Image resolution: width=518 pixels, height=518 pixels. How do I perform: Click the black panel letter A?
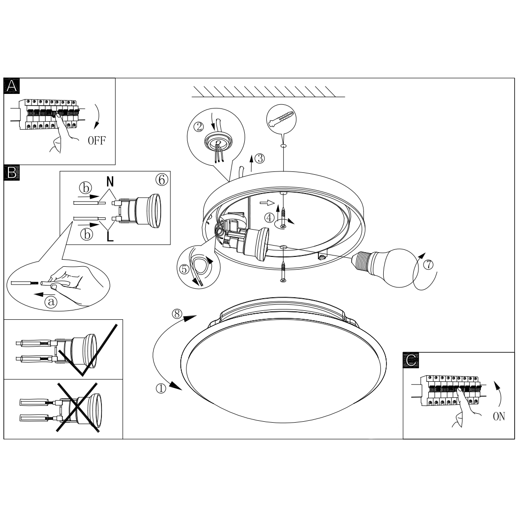pos(12,86)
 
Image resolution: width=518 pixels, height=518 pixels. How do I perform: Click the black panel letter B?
pos(12,172)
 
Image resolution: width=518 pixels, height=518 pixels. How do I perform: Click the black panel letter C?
pos(411,360)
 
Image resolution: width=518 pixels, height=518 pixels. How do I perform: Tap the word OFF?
pos(97,141)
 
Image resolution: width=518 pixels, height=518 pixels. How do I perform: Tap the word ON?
pos(499,417)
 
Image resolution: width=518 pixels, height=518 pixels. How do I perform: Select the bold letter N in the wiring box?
pos(110,181)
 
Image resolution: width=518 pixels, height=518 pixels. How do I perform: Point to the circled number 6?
pos(162,180)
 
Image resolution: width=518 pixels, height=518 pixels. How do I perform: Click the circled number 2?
pos(199,126)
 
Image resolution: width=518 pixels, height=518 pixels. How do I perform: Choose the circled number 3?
pos(260,159)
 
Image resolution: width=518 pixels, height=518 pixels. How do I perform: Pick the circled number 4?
pos(270,218)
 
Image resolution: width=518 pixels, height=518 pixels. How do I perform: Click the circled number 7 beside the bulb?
pos(428,264)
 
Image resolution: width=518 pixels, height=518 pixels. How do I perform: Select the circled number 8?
pos(177,314)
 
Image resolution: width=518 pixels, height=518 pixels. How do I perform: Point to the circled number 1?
pos(161,388)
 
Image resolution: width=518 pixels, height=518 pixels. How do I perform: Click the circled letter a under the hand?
pos(51,302)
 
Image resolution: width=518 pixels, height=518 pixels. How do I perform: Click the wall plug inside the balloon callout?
pos(281,119)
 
